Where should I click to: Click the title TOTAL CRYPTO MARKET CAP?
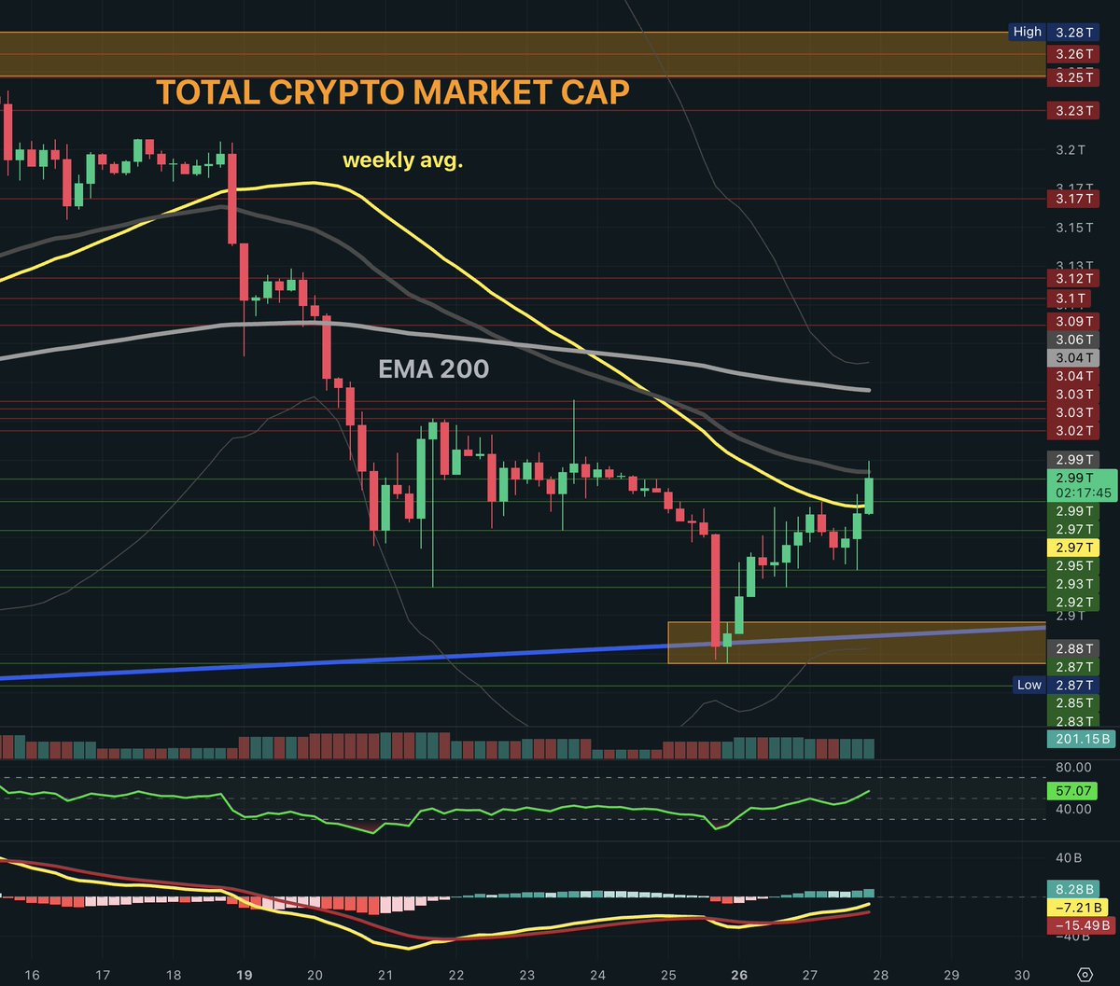[392, 92]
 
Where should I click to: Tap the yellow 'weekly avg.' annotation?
[403, 160]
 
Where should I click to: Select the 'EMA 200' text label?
[433, 369]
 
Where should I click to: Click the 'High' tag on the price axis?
[1027, 32]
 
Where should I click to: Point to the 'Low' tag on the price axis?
[1029, 685]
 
